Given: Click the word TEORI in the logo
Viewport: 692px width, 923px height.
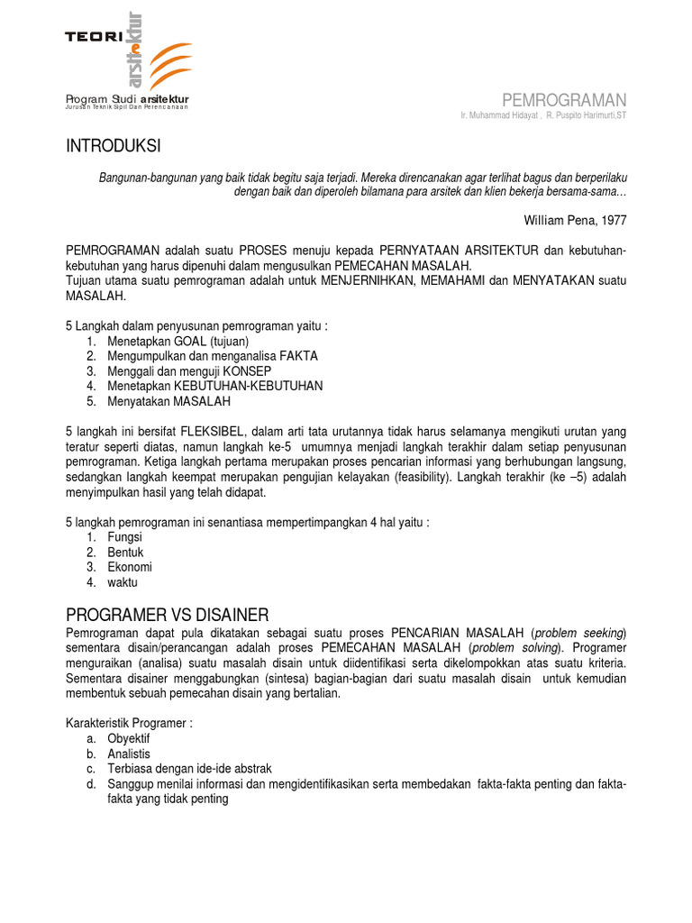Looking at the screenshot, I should coord(93,36).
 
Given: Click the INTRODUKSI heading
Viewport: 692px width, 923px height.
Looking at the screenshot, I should coord(114,146).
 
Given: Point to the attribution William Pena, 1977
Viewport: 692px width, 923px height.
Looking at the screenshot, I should coord(574,219).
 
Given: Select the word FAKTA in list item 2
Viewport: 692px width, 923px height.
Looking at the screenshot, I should coord(298,356).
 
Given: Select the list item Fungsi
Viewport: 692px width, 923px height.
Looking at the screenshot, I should coord(124,536).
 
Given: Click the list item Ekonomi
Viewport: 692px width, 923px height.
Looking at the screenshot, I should coord(130,567).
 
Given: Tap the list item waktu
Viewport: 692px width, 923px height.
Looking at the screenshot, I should coord(123,582).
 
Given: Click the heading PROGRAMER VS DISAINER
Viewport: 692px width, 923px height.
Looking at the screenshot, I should coord(168,615).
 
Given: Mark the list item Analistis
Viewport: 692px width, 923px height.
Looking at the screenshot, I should coord(129,754).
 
